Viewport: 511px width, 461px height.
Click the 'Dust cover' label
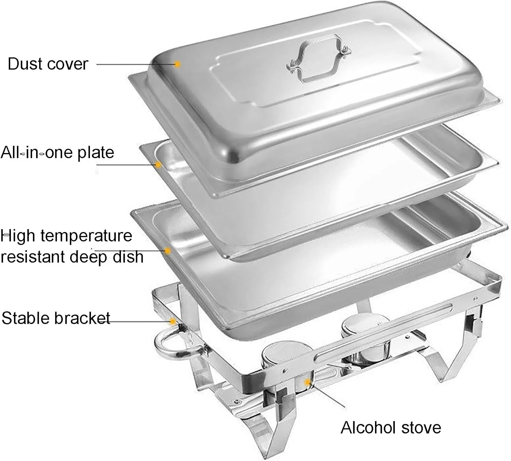click(x=48, y=64)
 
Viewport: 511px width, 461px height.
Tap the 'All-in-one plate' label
click(x=57, y=153)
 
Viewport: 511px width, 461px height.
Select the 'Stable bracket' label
click(x=56, y=318)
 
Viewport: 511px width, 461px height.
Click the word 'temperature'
click(x=86, y=236)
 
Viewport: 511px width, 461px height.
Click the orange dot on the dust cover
click(x=177, y=64)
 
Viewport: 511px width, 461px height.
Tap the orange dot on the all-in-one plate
click(x=158, y=165)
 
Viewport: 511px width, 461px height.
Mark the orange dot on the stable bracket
click(x=173, y=321)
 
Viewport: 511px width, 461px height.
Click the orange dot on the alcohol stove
click(x=308, y=382)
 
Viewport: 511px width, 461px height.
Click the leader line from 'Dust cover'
click(x=137, y=64)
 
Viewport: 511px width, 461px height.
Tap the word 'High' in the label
click(x=18, y=236)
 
